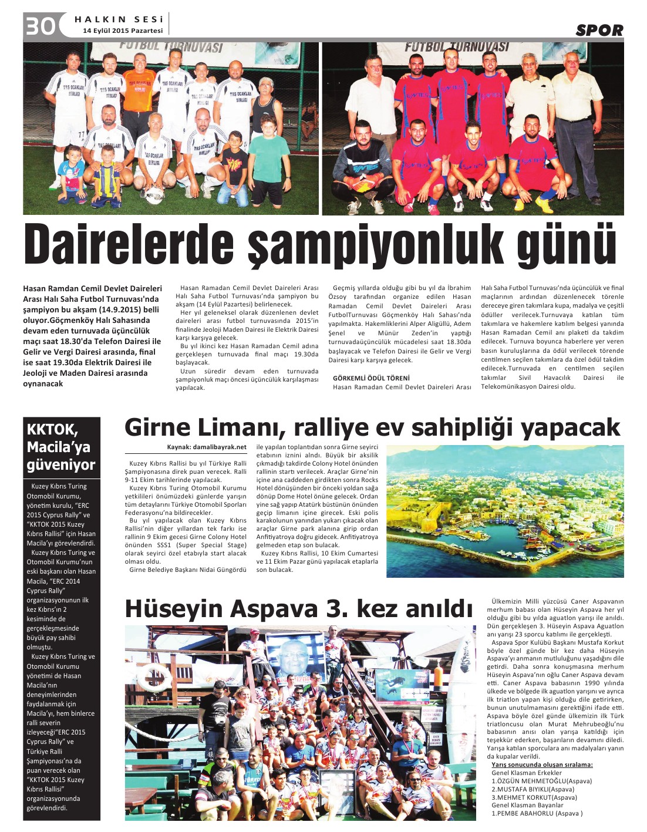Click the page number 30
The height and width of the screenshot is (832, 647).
tap(40, 26)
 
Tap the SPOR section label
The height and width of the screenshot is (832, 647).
tap(599, 31)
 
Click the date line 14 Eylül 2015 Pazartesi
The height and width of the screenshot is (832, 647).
tap(123, 31)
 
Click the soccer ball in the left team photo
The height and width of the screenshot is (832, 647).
tap(154, 196)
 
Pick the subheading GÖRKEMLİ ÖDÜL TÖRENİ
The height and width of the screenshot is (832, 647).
tap(371, 378)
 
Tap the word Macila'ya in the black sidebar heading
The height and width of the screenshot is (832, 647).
tap(59, 447)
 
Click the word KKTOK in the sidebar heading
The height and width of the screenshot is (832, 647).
tap(52, 429)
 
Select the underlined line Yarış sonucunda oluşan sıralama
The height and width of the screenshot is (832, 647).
tap(542, 764)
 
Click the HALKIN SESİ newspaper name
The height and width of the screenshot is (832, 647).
tap(119, 19)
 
